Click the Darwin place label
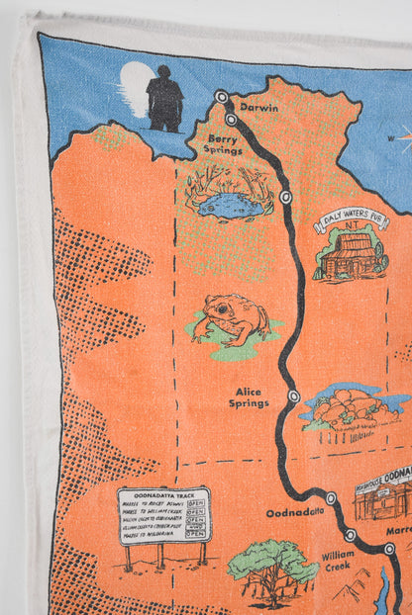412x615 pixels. (259, 107)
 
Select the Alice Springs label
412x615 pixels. (249, 397)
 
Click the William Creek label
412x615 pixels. (338, 562)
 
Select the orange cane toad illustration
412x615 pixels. (232, 318)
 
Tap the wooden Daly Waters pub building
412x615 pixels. (351, 255)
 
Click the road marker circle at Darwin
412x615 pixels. (222, 97)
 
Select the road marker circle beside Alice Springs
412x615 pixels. (293, 395)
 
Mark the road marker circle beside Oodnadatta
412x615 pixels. (331, 498)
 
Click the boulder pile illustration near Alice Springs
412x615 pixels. (350, 405)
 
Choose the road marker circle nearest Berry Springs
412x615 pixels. (231, 119)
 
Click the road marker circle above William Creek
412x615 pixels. (351, 535)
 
